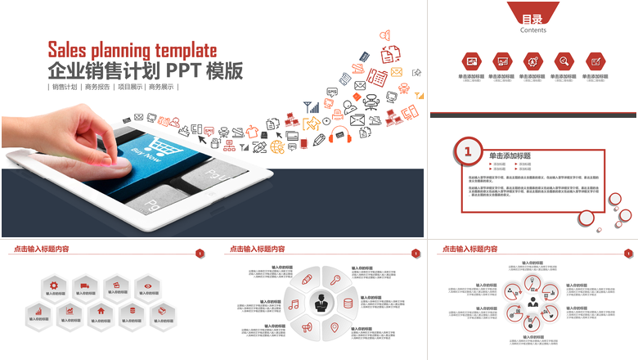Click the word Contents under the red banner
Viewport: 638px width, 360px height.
click(533, 30)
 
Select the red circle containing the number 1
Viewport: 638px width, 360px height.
click(467, 151)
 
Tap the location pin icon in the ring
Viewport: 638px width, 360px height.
click(334, 327)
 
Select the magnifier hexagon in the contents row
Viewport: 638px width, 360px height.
click(564, 61)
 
